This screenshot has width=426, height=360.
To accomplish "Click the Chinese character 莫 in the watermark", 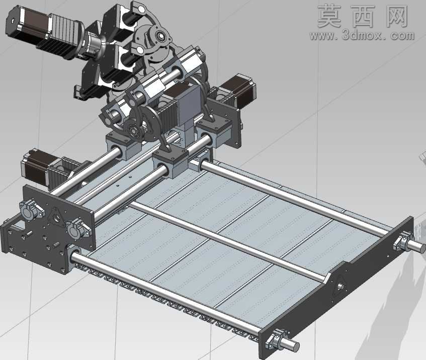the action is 329,16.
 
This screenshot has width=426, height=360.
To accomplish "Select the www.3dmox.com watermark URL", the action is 362,35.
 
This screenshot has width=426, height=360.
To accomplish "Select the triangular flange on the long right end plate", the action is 340,285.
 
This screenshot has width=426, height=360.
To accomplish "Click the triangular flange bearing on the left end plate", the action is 56,217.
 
